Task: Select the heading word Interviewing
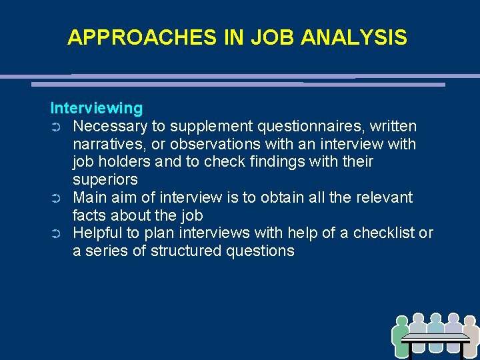pos(97,108)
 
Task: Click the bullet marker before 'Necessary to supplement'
pos(56,127)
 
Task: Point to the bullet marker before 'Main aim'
pos(56,198)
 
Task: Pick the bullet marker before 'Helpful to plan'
pos(56,233)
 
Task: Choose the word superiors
pos(105,179)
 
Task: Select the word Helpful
pos(97,233)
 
